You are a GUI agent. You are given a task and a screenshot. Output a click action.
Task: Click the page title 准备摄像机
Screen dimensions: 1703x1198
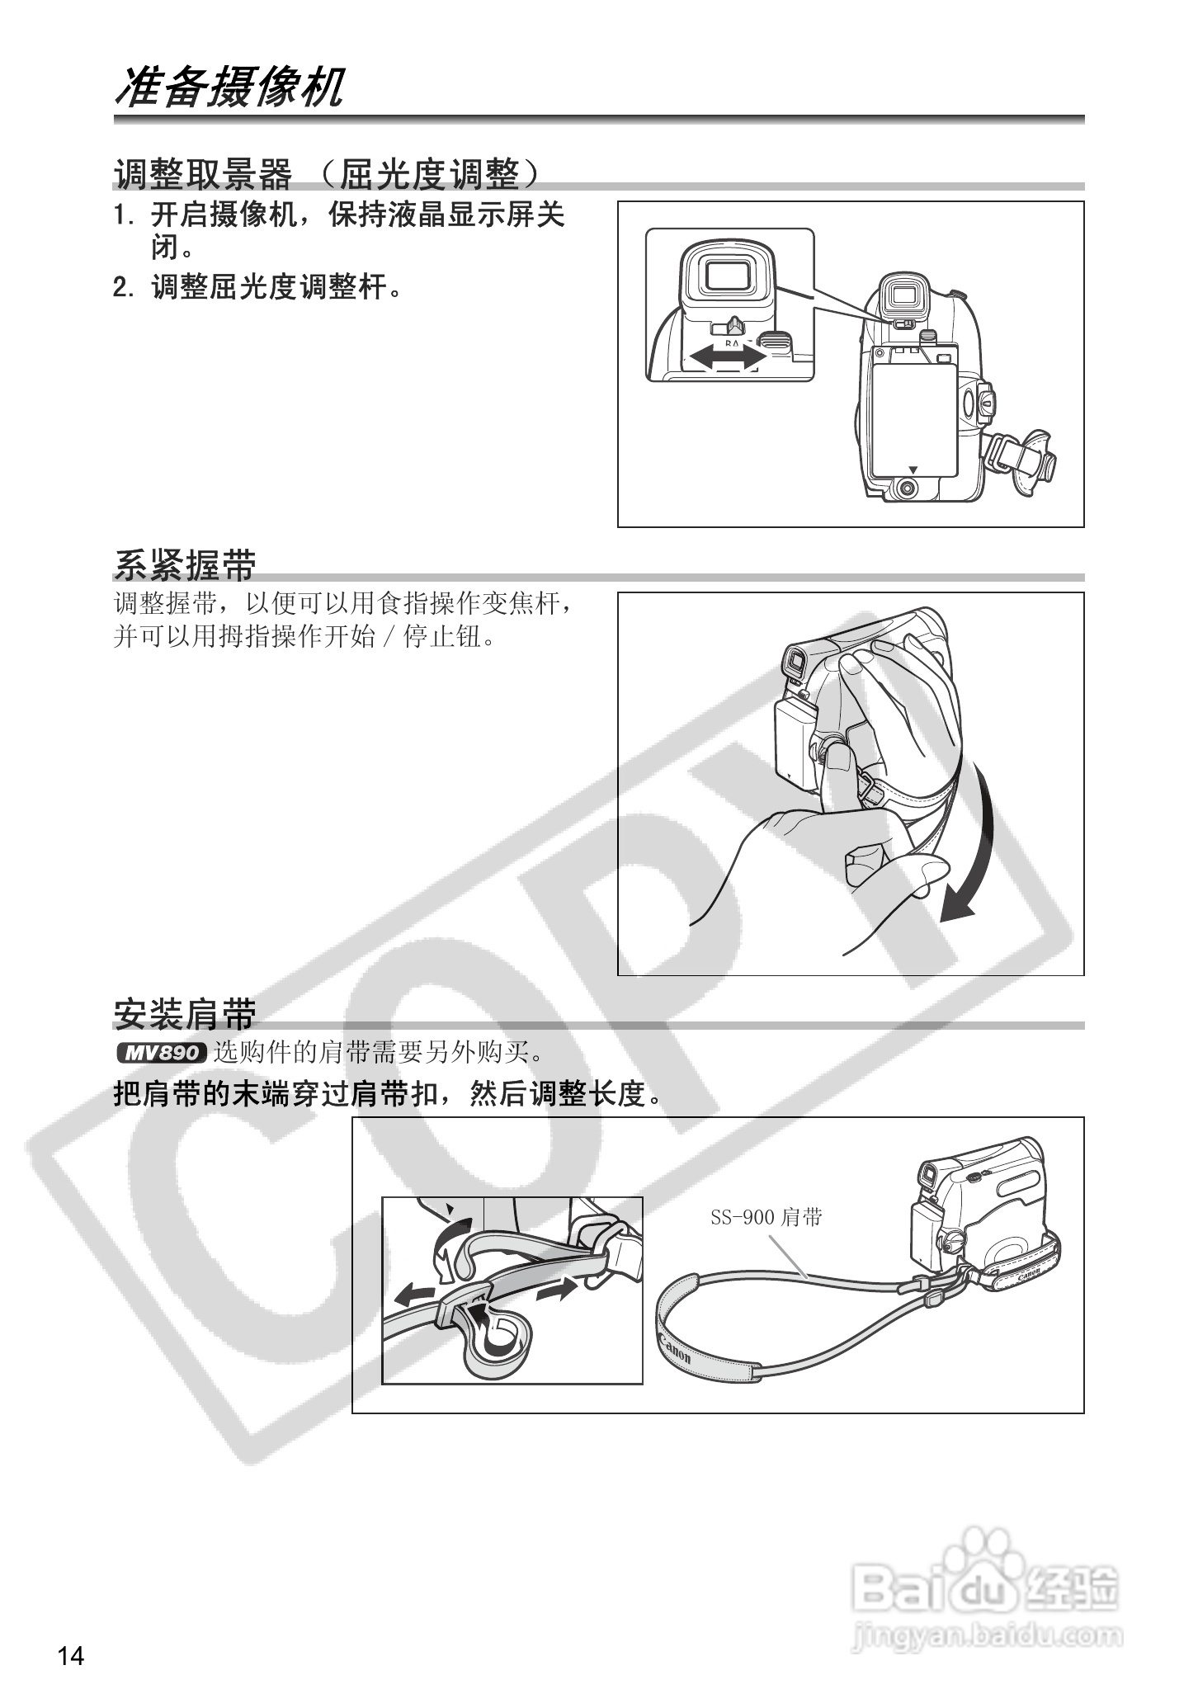pos(229,87)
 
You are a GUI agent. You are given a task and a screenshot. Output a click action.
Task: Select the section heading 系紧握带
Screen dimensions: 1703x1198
pos(185,566)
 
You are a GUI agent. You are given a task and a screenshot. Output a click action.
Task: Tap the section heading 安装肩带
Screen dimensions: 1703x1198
pos(185,1014)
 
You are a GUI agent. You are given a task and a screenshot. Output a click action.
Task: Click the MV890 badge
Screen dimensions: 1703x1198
pos(160,1053)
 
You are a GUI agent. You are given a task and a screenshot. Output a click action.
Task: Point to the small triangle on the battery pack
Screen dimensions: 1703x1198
pos(912,468)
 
